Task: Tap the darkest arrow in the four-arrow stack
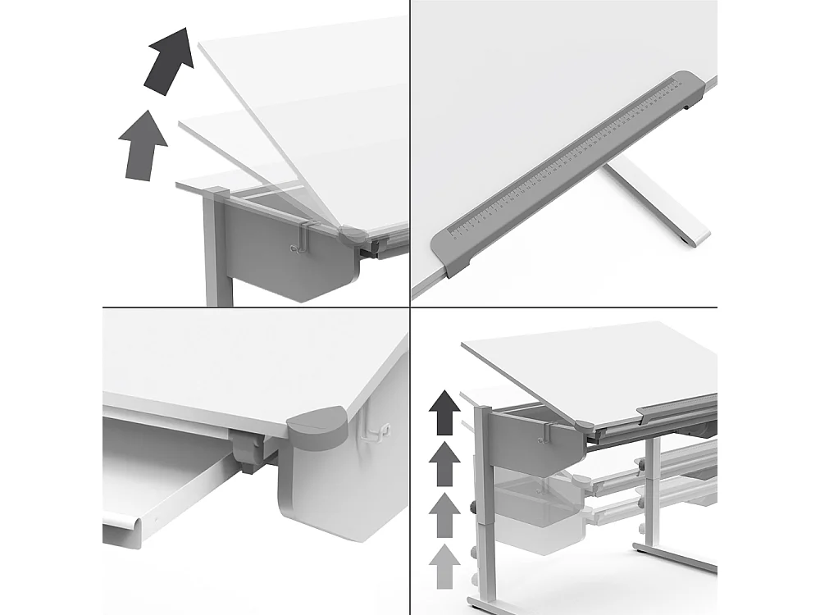(x=444, y=412)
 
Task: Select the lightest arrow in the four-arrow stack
(x=444, y=566)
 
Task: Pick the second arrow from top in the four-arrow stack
(x=444, y=463)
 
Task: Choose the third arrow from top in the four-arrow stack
(x=444, y=515)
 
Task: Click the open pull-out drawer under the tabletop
(x=164, y=484)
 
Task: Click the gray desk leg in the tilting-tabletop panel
(x=215, y=254)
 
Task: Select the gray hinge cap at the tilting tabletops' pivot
(x=354, y=236)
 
